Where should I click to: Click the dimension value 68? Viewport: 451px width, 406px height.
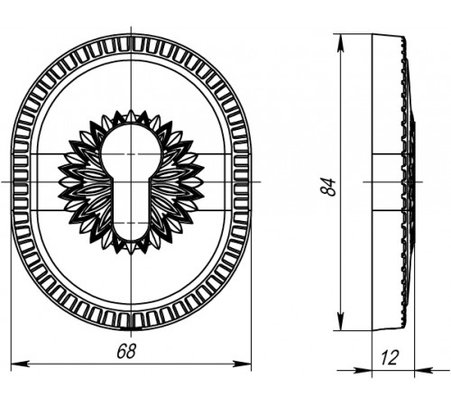coord(126,351)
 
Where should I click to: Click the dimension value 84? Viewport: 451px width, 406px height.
coord(328,187)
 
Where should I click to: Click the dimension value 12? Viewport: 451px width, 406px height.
coord(390,358)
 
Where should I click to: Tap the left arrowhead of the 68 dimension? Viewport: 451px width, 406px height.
coord(20,364)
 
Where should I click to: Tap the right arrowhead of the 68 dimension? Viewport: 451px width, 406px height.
coord(243,364)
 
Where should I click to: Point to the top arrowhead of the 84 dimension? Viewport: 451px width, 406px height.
coord(341,44)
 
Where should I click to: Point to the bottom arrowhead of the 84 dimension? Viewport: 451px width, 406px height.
coord(341,320)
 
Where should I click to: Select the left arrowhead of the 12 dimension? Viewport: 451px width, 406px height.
coord(363,370)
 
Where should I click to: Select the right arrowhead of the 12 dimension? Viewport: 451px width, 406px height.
coord(424,370)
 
